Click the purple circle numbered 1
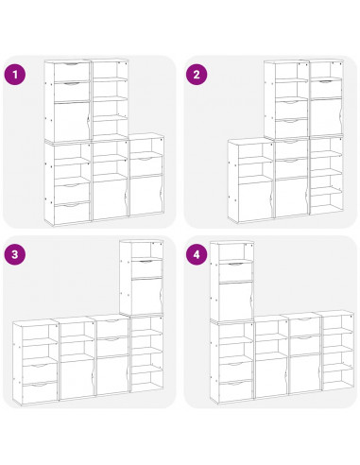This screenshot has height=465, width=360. click(x=14, y=75)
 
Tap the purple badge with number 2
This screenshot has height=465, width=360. click(x=197, y=75)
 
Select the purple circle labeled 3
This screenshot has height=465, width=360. click(x=14, y=254)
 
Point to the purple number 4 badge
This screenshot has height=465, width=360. click(x=197, y=254)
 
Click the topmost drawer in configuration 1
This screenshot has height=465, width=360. click(x=72, y=72)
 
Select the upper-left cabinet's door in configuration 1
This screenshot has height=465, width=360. click(x=72, y=122)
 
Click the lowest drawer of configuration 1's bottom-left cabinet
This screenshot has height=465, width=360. click(x=72, y=214)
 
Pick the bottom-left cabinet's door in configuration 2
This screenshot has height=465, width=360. click(x=255, y=200)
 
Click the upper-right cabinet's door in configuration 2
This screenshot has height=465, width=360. click(x=326, y=117)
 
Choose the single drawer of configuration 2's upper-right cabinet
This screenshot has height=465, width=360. click(x=326, y=89)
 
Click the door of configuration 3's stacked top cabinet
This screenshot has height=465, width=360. click(x=146, y=296)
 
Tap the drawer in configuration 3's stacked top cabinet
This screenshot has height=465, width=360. click(x=146, y=268)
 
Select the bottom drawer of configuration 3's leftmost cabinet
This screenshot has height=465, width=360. click(x=40, y=392)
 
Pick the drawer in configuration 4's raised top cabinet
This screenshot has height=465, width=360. click(x=235, y=272)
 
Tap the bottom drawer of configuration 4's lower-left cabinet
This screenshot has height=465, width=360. click(x=236, y=392)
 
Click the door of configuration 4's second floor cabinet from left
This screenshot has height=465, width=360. click(x=271, y=377)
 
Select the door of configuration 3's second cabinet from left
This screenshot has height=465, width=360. click(x=77, y=379)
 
